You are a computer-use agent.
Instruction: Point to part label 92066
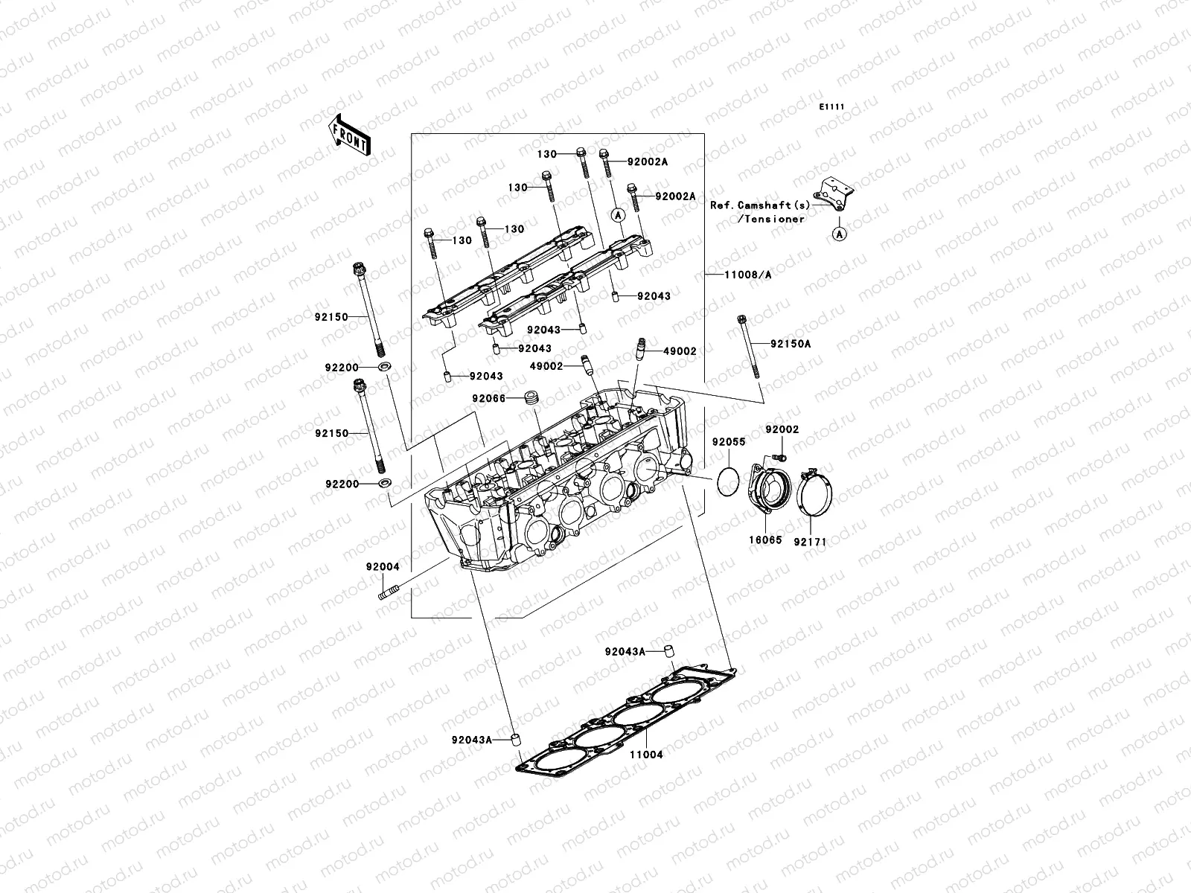click(488, 399)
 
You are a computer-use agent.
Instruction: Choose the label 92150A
click(791, 344)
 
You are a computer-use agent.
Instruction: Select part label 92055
click(728, 442)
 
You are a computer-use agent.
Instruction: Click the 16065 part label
click(766, 540)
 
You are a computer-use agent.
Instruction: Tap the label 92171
click(811, 542)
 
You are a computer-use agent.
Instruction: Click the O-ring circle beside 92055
click(728, 481)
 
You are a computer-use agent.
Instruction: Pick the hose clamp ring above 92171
click(814, 494)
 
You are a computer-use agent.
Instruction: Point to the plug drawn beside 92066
click(531, 397)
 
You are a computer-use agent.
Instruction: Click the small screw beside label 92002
click(780, 455)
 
